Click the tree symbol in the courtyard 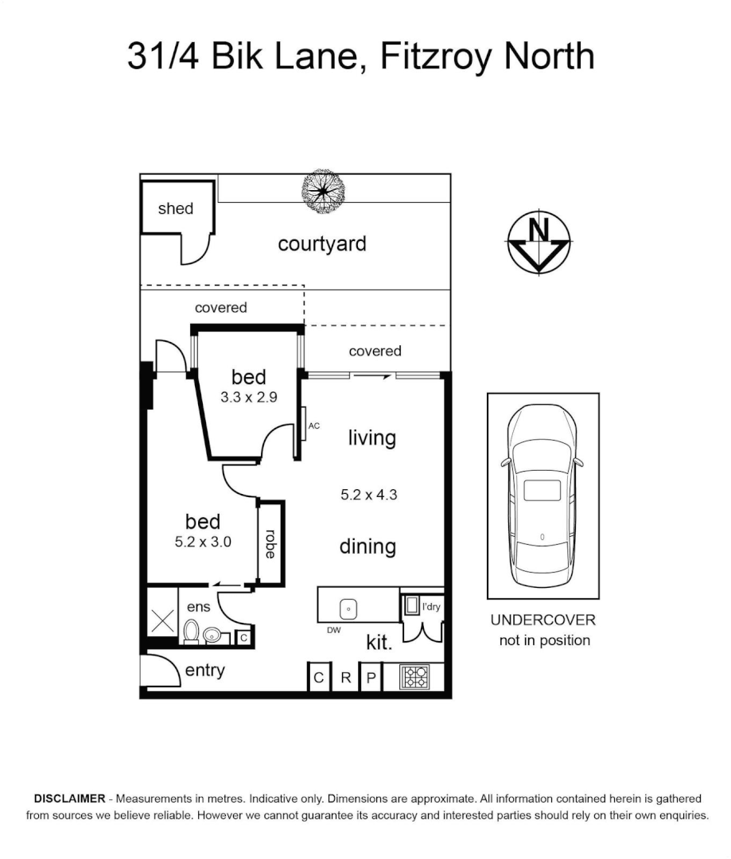tap(324, 192)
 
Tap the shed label tap(176, 208)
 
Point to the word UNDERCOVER tap(542, 620)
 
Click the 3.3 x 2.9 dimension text tap(248, 398)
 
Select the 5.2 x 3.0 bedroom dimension tap(203, 542)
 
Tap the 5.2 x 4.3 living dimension tap(368, 494)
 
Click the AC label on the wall tap(314, 426)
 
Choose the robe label tap(270, 544)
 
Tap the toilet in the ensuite tap(191, 633)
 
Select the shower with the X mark tap(162, 621)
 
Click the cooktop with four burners tap(415, 676)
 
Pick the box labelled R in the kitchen tap(346, 678)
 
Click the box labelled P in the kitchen tap(371, 678)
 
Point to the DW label tap(334, 630)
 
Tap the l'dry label tap(431, 607)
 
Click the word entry tap(204, 670)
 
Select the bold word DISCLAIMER tap(69, 798)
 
